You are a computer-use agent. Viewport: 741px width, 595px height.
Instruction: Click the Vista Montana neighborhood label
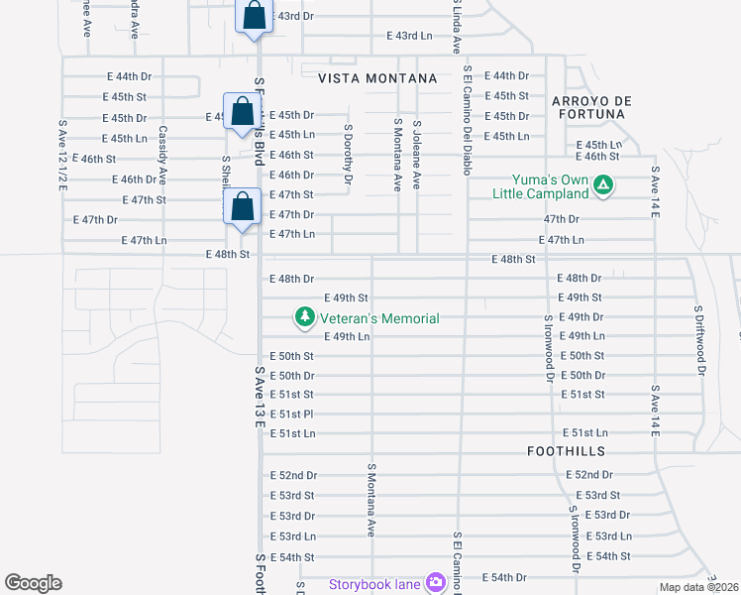[x=377, y=78]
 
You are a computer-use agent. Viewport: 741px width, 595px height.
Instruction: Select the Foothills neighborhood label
[x=566, y=451]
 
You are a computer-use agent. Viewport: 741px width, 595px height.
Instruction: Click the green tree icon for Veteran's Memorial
[x=305, y=317]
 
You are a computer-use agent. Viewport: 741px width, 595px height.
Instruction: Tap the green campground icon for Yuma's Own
[x=603, y=184]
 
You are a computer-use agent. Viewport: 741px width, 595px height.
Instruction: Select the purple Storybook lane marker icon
[x=434, y=581]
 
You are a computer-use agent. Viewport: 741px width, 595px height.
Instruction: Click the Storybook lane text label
[x=375, y=582]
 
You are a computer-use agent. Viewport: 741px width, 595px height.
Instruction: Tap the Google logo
[x=33, y=583]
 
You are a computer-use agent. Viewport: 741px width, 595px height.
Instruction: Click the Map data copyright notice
[x=699, y=587]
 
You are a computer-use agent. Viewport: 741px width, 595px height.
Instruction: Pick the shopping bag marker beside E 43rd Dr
[x=254, y=16]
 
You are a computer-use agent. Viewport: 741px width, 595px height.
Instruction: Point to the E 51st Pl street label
[x=292, y=414]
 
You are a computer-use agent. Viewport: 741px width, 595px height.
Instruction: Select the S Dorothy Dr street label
[x=348, y=154]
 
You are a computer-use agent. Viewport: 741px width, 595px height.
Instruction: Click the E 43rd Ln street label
[x=410, y=37]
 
